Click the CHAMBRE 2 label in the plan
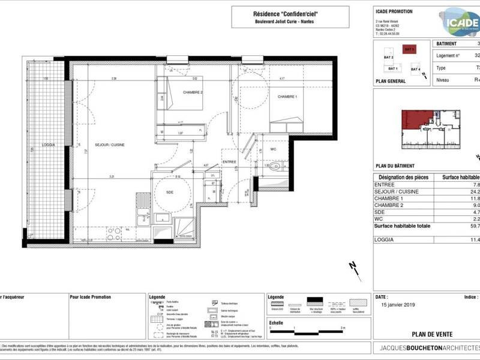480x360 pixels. (x=176, y=92)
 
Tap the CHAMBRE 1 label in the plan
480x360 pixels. (x=287, y=97)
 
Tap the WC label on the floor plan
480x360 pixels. (x=272, y=149)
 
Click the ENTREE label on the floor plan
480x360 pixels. (x=230, y=162)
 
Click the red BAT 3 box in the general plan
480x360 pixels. (x=409, y=50)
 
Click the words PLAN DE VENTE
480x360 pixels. (x=432, y=334)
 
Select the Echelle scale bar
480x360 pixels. (x=306, y=328)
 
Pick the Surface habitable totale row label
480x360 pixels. (x=401, y=226)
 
